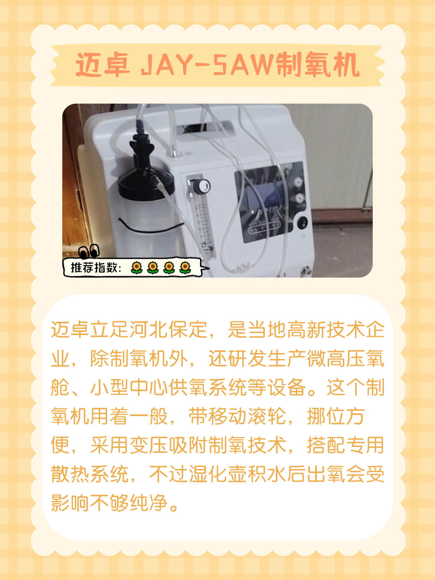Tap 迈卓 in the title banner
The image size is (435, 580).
(103, 64)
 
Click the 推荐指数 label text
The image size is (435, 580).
(94, 268)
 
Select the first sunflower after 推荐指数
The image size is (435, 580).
(137, 268)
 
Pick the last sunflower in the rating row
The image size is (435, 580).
(185, 268)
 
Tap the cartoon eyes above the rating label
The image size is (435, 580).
(89, 251)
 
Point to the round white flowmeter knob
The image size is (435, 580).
(203, 186)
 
